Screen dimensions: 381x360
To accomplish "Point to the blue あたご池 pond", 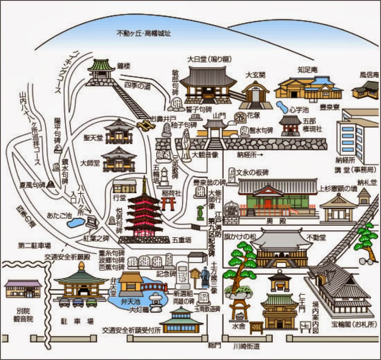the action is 76,223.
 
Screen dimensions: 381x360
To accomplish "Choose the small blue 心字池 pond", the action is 282,106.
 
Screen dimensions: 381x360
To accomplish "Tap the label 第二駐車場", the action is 35,245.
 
